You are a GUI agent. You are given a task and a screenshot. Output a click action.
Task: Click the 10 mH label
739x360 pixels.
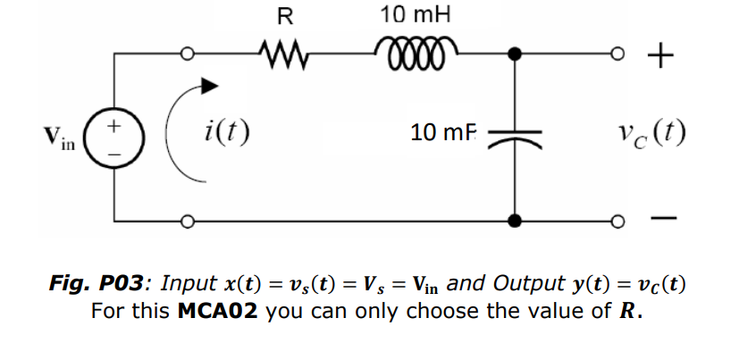point(416,15)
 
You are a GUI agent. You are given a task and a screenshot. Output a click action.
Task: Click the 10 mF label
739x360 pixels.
point(444,134)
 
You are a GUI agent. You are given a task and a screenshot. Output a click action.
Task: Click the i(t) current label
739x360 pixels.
point(222,133)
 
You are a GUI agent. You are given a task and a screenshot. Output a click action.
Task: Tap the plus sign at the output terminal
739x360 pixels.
point(658,56)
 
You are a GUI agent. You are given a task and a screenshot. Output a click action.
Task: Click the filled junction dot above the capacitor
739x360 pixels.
point(516,54)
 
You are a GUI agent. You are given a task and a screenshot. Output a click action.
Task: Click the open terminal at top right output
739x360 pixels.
point(617,54)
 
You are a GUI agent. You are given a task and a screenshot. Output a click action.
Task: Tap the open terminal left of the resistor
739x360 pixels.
point(189,54)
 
